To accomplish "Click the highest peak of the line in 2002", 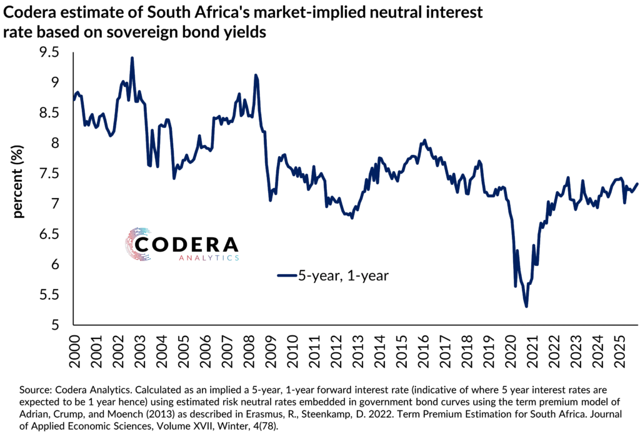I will pos(132,58).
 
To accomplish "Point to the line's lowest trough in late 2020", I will pos(526,306).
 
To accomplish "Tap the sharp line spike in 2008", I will pos(255,76).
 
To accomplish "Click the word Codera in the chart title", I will pos(29,12).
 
